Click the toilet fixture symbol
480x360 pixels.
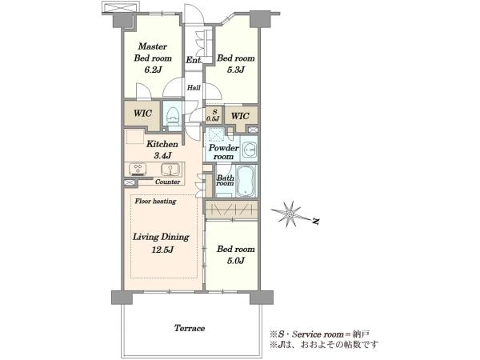(173, 117)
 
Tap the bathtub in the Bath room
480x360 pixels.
(246, 182)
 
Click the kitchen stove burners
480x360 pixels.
(138, 170)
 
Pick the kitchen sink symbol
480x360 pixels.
(170, 170)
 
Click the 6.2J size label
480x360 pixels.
(153, 70)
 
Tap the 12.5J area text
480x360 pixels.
(162, 250)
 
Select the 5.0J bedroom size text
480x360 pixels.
(236, 261)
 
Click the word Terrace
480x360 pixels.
(190, 328)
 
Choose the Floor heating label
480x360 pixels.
(155, 201)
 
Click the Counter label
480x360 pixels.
(167, 182)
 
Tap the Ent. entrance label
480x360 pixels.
(194, 60)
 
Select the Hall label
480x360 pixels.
(194, 88)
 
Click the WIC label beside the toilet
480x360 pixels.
(142, 114)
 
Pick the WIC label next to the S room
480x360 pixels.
(240, 116)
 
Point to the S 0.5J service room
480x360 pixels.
(213, 115)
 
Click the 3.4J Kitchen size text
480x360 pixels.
(162, 156)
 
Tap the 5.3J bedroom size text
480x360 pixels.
(236, 70)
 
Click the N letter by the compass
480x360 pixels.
(316, 222)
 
